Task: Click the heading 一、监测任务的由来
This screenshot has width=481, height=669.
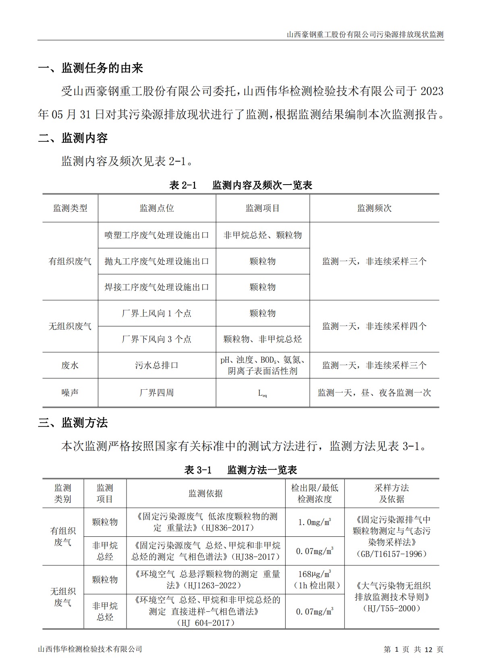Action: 91,68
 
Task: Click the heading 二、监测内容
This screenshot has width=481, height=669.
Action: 73,138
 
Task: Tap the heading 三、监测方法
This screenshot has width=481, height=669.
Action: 73,423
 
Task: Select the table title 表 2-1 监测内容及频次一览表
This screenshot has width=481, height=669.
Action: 240,185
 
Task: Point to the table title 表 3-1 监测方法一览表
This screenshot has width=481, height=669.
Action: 240,470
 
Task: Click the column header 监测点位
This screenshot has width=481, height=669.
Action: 157,208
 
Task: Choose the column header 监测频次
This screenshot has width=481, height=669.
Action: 374,208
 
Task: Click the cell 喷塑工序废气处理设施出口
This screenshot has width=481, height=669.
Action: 157,235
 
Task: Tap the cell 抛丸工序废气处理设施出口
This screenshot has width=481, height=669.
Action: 157,262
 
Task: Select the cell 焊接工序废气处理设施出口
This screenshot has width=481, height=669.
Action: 157,287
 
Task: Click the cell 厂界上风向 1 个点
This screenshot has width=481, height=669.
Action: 157,314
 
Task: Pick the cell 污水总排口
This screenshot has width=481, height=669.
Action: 157,366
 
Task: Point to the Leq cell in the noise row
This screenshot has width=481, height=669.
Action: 262,393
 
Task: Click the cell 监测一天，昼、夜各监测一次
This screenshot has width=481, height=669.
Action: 374,393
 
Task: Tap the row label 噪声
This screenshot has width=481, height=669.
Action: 70,393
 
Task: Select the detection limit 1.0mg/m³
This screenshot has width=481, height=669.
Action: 315,522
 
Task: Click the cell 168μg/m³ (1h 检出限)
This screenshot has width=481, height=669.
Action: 315,580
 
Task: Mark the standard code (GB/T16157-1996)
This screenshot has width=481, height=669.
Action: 392,554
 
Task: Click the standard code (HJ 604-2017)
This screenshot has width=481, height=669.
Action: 205,623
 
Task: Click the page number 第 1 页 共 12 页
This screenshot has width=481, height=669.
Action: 413,649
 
